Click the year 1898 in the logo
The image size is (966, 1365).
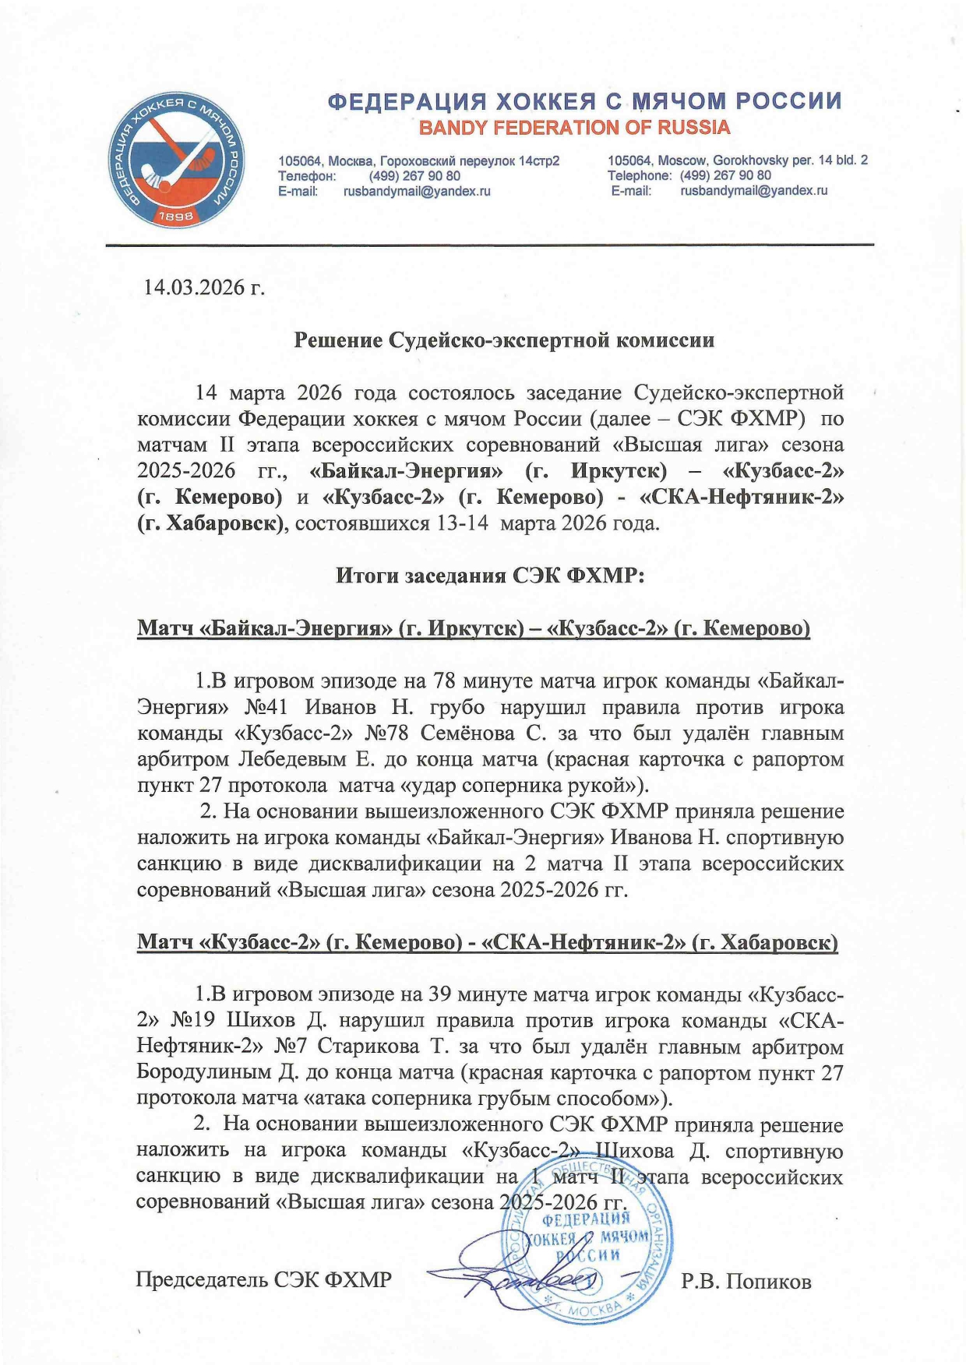click(x=175, y=218)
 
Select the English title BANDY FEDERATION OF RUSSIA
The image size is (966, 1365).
click(x=574, y=128)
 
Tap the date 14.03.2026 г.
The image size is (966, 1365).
click(x=204, y=287)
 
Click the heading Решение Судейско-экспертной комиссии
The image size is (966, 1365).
click(x=503, y=340)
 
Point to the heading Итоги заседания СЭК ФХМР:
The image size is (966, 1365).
click(x=490, y=575)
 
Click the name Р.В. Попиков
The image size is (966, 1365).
click(x=746, y=1281)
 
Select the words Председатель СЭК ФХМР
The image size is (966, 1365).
click(x=263, y=1279)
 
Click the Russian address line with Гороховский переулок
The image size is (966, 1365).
click(x=419, y=161)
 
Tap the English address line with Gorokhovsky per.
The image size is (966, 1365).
click(x=737, y=160)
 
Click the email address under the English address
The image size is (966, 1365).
click(x=753, y=190)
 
